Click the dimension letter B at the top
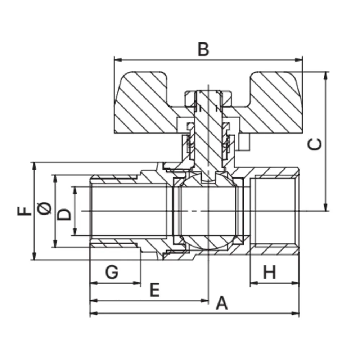point(203,50)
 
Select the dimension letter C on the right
point(316,145)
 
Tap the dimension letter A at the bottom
point(222,303)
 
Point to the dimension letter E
point(154,290)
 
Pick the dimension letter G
point(112,272)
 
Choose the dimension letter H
point(269,272)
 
